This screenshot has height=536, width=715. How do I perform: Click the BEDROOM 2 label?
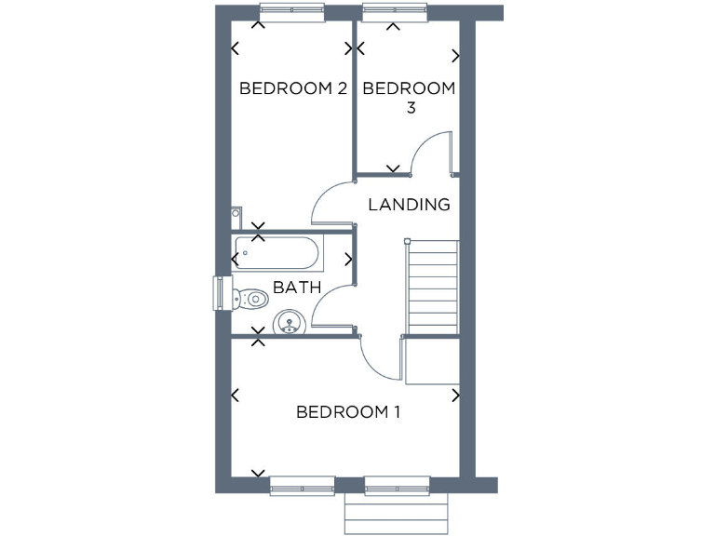(x=293, y=89)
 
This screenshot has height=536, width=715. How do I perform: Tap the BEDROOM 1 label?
(x=347, y=411)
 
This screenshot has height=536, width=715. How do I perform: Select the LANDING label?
(x=409, y=205)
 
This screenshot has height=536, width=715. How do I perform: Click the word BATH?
(x=297, y=288)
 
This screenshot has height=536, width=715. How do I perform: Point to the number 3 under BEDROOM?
(x=410, y=108)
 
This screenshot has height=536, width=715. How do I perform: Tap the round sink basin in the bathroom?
(x=289, y=325)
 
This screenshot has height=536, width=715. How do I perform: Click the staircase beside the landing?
(x=433, y=287)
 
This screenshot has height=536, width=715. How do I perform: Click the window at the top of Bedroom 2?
(x=291, y=12)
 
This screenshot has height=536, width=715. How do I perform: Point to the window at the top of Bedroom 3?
(x=394, y=12)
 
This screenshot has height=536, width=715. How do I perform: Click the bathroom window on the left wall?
(x=221, y=293)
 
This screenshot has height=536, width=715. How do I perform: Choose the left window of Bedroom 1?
(x=301, y=485)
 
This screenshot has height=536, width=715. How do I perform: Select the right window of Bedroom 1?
(x=397, y=485)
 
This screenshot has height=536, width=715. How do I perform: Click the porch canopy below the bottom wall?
(x=397, y=513)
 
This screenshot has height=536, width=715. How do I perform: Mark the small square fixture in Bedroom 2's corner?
(x=236, y=215)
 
